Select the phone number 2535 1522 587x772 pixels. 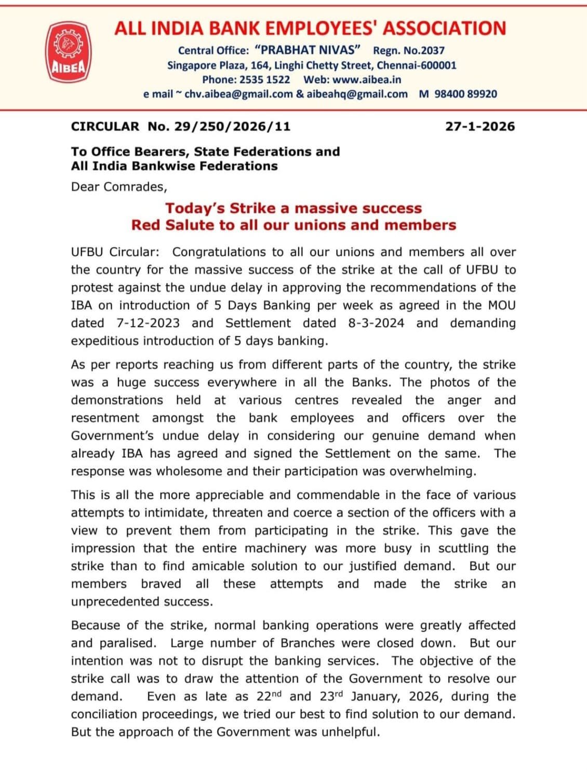(264, 79)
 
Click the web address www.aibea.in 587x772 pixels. (366, 79)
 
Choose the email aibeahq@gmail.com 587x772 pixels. (357, 94)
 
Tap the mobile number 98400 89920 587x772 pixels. (465, 94)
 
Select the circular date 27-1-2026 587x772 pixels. (480, 126)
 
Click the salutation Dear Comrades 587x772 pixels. (119, 186)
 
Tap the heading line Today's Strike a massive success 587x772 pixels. (293, 208)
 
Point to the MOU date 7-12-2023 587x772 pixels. (148, 323)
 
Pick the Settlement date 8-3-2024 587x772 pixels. (376, 323)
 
